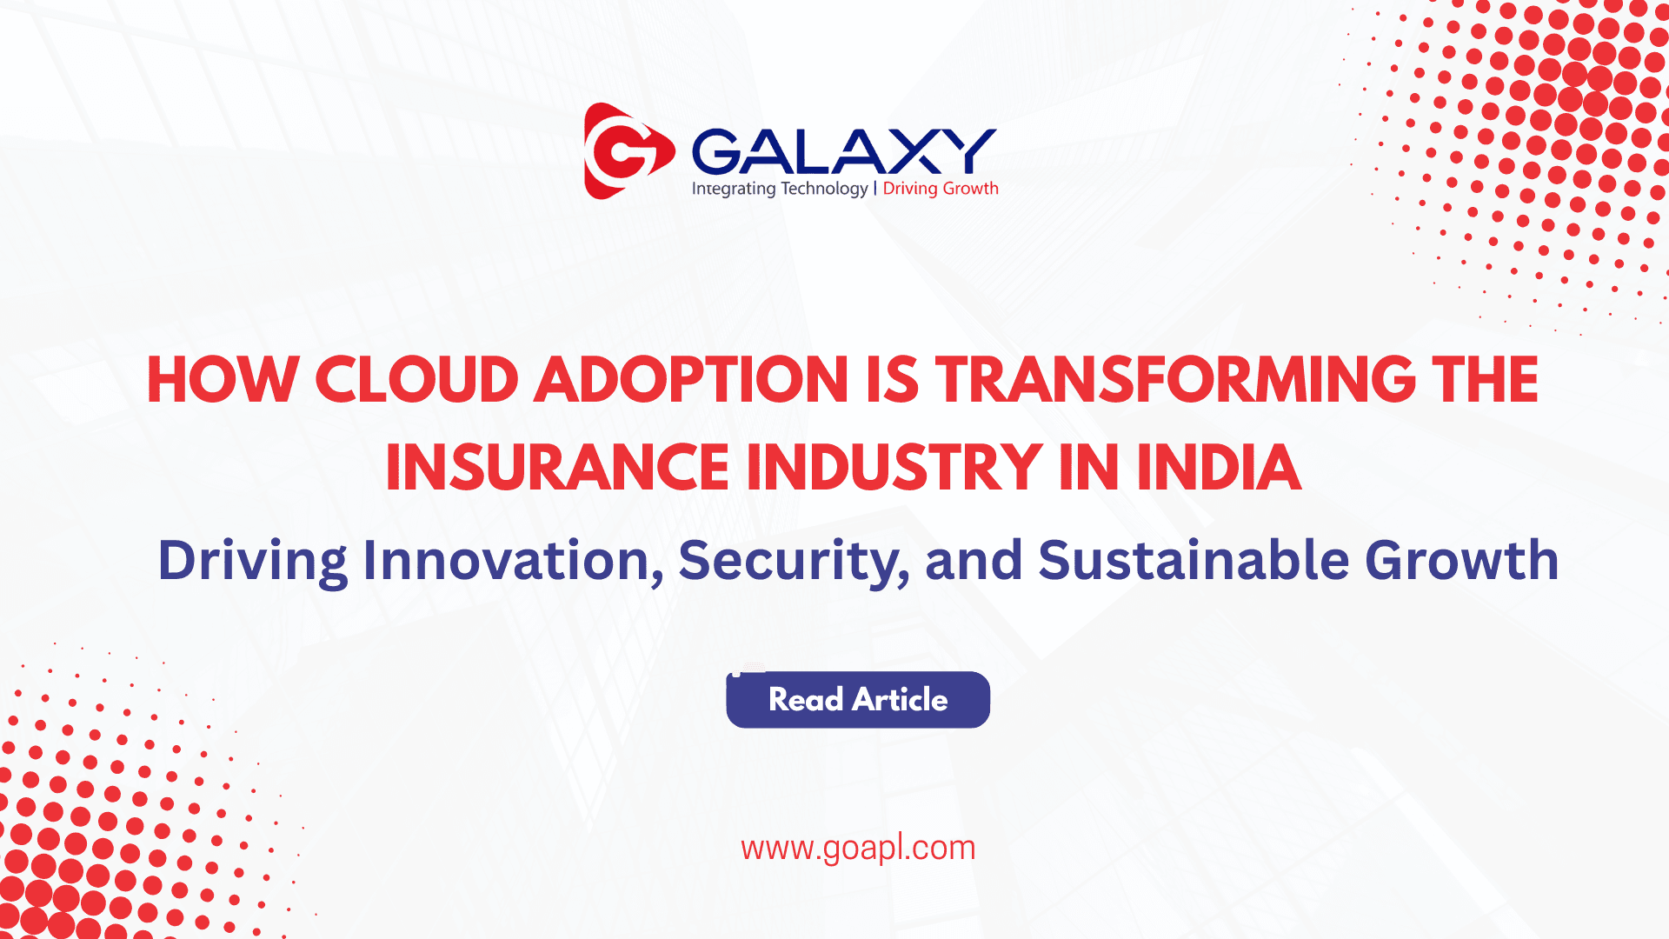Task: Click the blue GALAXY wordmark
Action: pyautogui.click(x=844, y=151)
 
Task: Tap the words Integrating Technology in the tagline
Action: pyautogui.click(x=780, y=189)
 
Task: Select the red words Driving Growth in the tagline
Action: pyautogui.click(x=941, y=189)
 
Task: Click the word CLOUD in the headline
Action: pyautogui.click(x=416, y=380)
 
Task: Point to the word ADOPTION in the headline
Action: pyautogui.click(x=691, y=380)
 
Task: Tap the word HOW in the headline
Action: pyautogui.click(x=223, y=380)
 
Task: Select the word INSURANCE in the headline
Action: pyautogui.click(x=557, y=468)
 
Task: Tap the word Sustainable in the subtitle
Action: pyautogui.click(x=1194, y=560)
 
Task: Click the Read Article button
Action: pyautogui.click(x=858, y=700)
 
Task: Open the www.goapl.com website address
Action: pyautogui.click(x=858, y=849)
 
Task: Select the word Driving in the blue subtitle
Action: pyautogui.click(x=253, y=562)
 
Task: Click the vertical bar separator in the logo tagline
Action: pyautogui.click(x=875, y=189)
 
